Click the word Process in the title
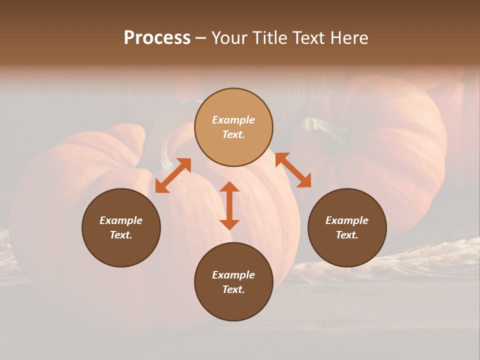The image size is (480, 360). coord(157,38)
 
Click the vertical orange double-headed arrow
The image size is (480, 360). coord(229,205)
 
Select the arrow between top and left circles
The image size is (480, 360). coord(173,175)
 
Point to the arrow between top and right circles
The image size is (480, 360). coord(293,170)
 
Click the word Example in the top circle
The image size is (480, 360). coord(233,120)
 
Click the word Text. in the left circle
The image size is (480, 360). coord(121,235)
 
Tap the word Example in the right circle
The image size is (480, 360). coord(347,220)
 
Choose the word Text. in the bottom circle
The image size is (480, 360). coord(233,289)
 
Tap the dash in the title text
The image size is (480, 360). coord(201,38)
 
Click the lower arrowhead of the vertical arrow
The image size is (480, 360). coord(229,224)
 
